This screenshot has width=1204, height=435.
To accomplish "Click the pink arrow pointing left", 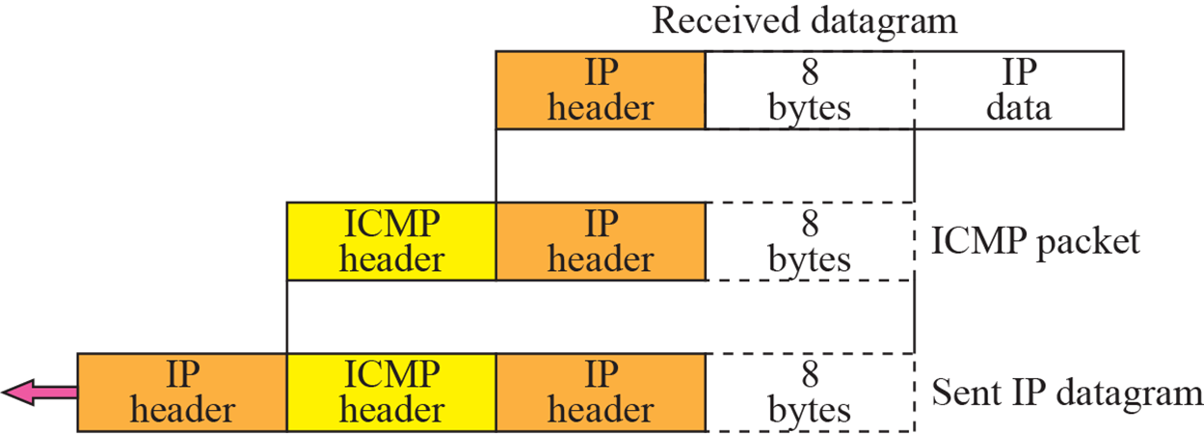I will (39, 392).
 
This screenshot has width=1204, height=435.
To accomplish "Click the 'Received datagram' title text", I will (805, 20).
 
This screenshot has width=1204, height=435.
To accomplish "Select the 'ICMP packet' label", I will (1035, 240).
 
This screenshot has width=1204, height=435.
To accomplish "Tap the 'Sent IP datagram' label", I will (1067, 393).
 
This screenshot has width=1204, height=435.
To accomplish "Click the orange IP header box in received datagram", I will (600, 91).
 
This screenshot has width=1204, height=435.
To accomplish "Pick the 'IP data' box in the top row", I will (1019, 91).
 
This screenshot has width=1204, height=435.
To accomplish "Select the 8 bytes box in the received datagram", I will (810, 91).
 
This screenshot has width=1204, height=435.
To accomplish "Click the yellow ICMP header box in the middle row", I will (391, 241).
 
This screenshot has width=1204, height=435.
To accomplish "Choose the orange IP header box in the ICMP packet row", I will (600, 241).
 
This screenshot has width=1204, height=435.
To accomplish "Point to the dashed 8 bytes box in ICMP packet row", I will (810, 241).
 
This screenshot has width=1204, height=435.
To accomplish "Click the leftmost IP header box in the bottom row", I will (182, 393).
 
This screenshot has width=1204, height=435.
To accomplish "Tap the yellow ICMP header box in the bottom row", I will (391, 393).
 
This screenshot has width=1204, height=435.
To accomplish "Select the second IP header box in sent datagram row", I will (600, 393).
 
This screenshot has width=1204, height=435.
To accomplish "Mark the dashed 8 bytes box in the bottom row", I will (810, 393).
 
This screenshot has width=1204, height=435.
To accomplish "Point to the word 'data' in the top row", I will (1019, 107).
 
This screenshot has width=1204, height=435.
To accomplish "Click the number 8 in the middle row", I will (810, 224).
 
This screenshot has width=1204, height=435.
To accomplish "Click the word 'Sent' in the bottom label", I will (965, 393).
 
